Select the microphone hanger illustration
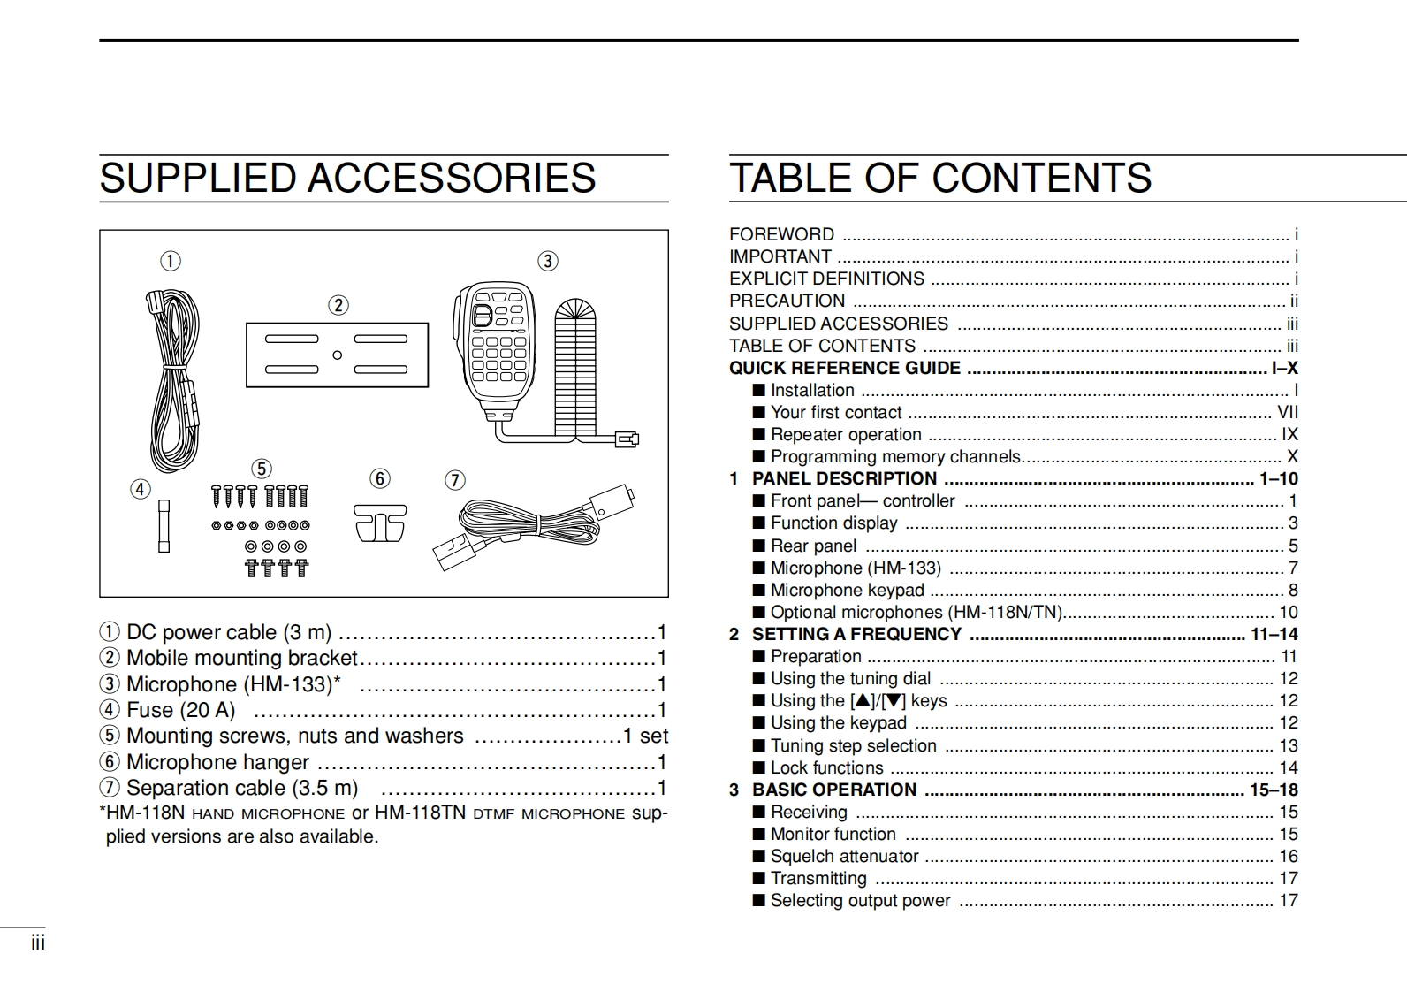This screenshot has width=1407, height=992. click(x=380, y=523)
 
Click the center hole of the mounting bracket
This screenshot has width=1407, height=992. click(x=337, y=355)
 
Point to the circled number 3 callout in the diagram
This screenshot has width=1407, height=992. click(x=548, y=261)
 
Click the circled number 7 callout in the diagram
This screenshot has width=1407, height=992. click(x=454, y=480)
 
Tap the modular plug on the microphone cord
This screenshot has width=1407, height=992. click(x=627, y=439)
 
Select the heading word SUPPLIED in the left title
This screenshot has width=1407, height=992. click(x=200, y=178)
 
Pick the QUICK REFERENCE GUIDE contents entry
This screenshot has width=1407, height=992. click(x=844, y=368)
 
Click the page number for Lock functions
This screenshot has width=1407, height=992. click(x=1289, y=767)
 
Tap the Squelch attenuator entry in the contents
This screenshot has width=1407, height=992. click(x=844, y=856)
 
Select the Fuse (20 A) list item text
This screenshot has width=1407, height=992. click(x=180, y=710)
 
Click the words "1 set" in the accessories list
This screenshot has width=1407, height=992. click(x=645, y=736)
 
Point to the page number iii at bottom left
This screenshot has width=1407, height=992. click(x=38, y=943)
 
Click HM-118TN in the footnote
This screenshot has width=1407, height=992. click(x=420, y=813)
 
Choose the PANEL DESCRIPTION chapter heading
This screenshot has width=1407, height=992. click(x=844, y=478)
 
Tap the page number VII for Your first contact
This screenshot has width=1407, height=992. click(x=1288, y=412)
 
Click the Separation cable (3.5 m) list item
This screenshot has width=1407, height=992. click(x=242, y=788)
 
